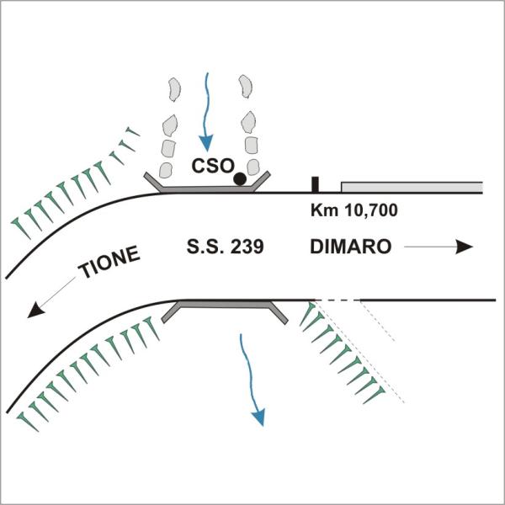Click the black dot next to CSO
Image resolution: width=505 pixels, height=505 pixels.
(x=240, y=178)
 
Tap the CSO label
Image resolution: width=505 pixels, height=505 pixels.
(x=210, y=166)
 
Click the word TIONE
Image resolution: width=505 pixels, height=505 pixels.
(x=108, y=263)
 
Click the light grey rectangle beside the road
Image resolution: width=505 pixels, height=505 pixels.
(x=411, y=186)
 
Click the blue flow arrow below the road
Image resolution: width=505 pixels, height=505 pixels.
(x=252, y=379)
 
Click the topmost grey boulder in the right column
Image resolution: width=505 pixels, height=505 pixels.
(x=246, y=84)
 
